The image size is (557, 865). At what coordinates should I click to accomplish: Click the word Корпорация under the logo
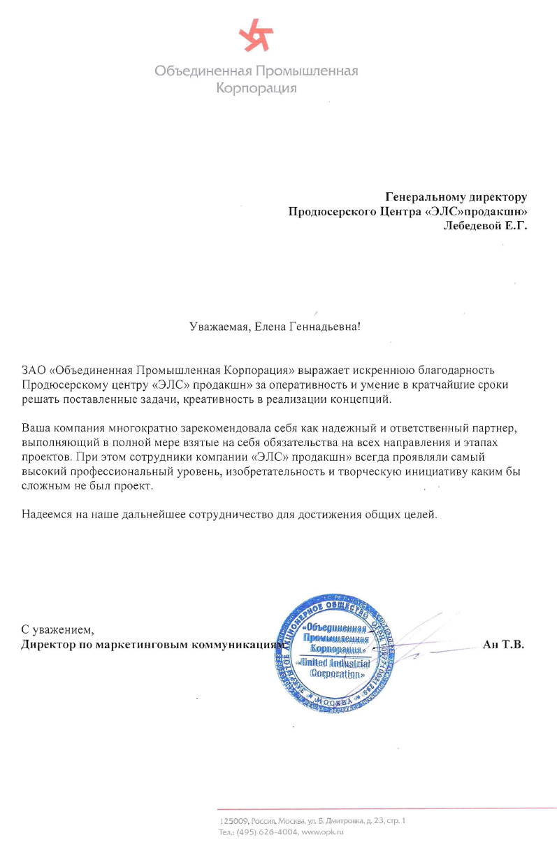256,89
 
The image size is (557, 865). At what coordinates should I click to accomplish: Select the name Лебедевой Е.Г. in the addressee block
486,225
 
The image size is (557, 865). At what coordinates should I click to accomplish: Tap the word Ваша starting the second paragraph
35,427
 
